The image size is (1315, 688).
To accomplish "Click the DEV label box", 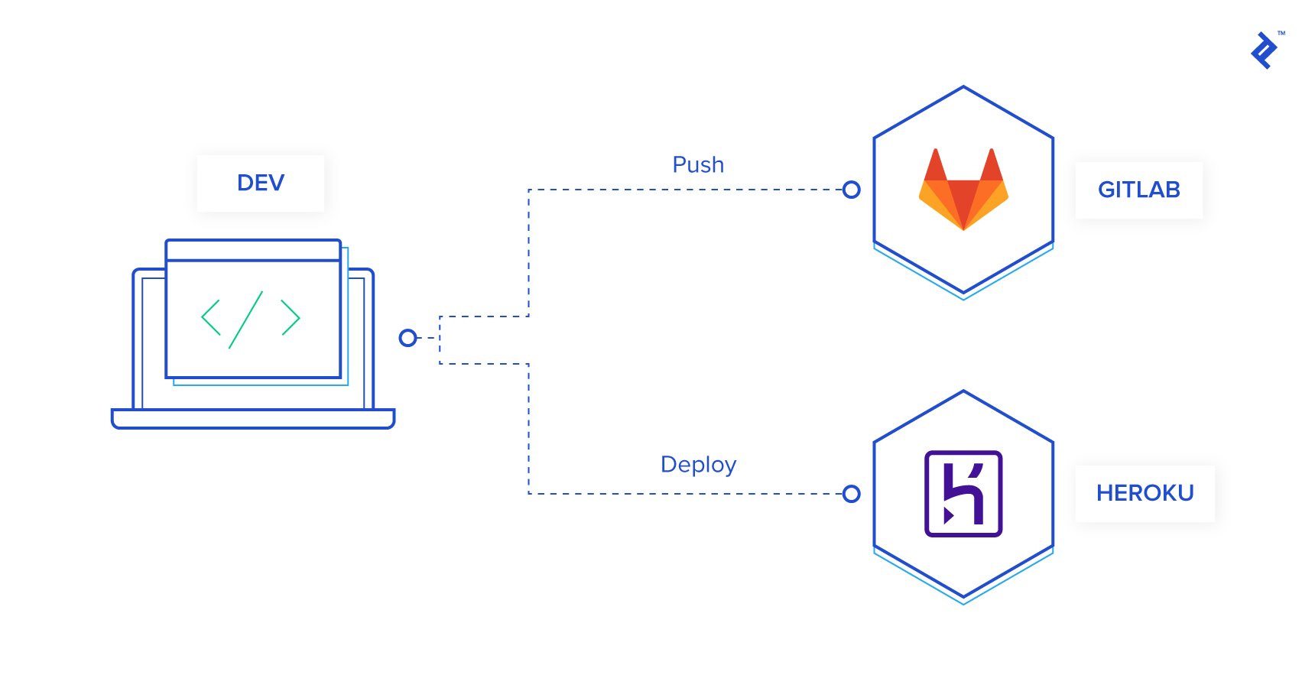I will click(260, 183).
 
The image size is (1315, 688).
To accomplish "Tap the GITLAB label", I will click(1138, 190).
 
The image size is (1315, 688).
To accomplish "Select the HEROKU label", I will click(1145, 493).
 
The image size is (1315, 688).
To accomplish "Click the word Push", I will click(698, 164).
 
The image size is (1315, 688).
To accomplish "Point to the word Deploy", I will click(698, 464).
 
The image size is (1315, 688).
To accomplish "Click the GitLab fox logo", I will click(963, 191).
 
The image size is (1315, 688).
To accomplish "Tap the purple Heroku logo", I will click(963, 494).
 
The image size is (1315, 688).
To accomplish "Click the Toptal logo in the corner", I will click(1264, 50).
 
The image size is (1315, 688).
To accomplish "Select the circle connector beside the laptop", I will click(408, 338).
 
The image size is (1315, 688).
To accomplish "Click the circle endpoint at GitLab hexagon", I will click(851, 190).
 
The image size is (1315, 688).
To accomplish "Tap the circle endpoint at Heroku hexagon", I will click(851, 494).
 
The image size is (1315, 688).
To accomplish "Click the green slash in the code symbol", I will click(246, 320).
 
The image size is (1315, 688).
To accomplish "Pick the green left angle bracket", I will click(210, 318).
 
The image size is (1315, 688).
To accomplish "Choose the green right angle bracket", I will click(291, 318).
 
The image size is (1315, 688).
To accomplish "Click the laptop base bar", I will click(252, 419).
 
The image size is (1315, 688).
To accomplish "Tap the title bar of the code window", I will click(253, 250).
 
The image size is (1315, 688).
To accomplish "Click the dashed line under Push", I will click(688, 190).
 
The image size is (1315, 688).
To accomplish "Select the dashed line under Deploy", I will click(688, 494).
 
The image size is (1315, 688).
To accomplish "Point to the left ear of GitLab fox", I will click(935, 164).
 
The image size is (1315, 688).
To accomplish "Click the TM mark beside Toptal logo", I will click(1281, 33).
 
